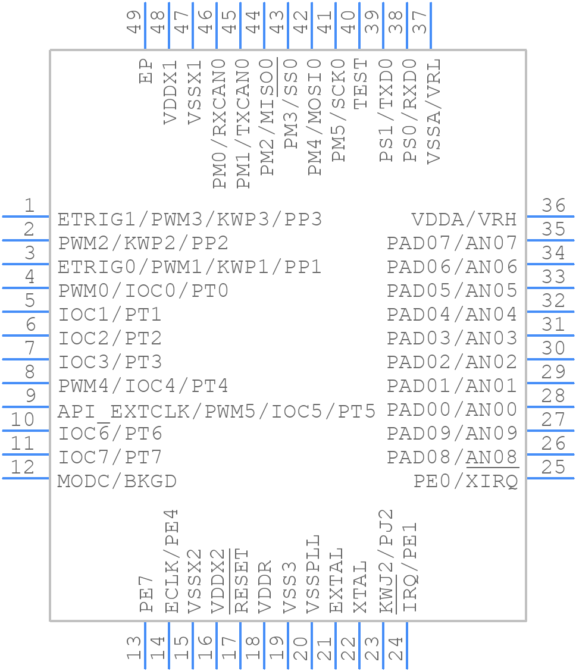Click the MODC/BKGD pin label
click(117, 481)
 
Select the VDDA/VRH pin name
click(464, 220)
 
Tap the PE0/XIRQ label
click(465, 481)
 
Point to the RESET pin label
click(242, 581)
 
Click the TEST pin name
click(361, 84)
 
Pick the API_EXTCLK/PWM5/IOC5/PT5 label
click(217, 410)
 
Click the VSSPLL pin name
click(313, 574)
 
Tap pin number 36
click(553, 206)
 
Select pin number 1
click(29, 206)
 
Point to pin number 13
click(134, 648)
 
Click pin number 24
click(396, 648)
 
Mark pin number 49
click(134, 21)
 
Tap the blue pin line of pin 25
click(550, 478)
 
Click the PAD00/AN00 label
click(452, 410)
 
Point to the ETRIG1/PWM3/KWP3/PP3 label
click(190, 220)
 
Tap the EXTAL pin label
click(337, 581)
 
